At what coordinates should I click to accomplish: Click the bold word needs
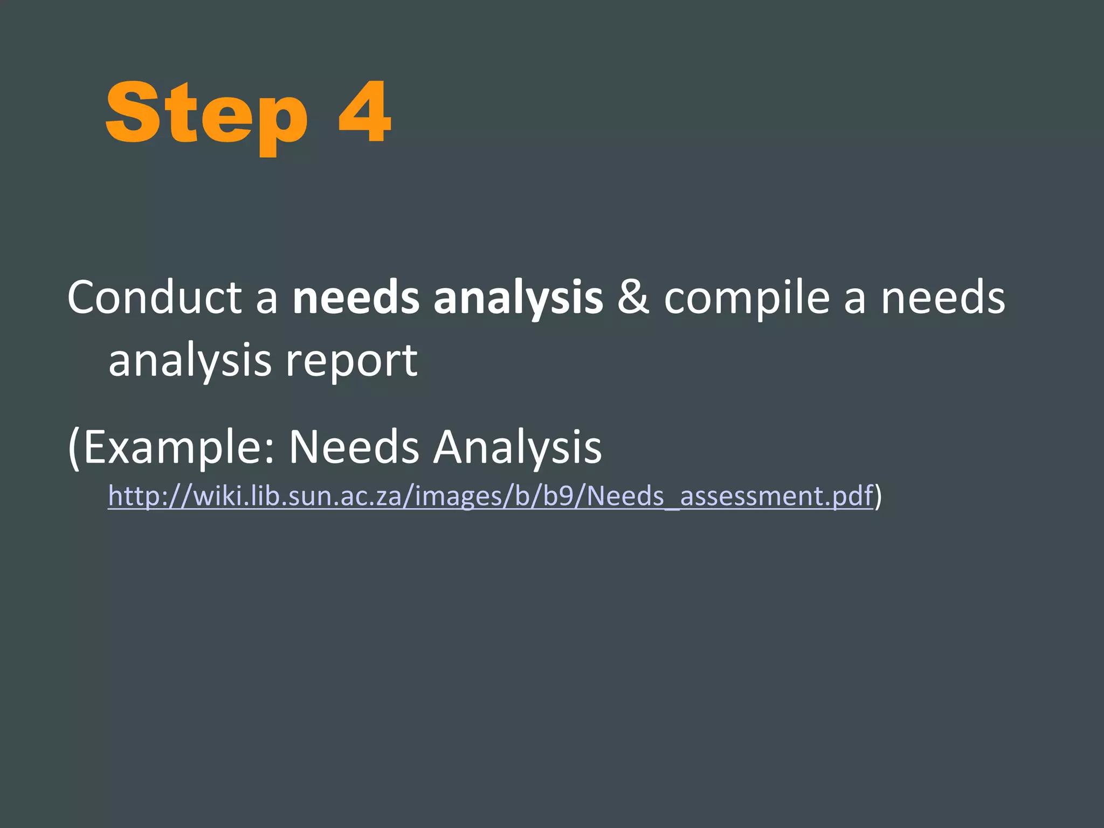point(356,298)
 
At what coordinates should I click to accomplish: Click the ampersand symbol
point(633,298)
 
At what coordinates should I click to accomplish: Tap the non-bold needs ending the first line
point(943,298)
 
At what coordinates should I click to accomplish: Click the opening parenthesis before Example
point(74,447)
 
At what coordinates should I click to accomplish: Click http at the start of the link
point(132,495)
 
